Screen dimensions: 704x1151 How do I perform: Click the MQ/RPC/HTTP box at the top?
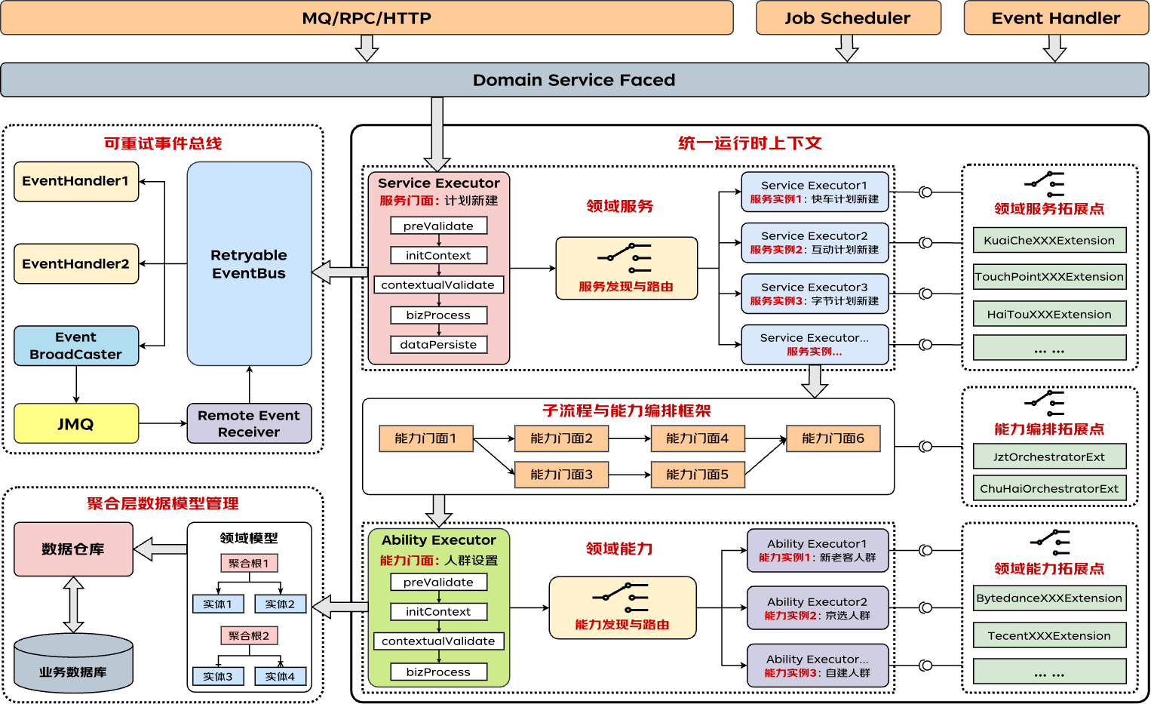click(x=367, y=18)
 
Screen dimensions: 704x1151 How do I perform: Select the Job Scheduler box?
click(x=848, y=18)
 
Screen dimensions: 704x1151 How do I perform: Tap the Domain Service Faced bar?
click(x=574, y=80)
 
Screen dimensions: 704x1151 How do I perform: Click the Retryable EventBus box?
click(x=249, y=264)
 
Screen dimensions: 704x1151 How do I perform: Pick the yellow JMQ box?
click(x=76, y=423)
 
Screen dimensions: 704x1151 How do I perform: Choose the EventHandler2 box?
click(x=76, y=263)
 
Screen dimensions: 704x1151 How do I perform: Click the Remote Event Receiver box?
click(x=249, y=423)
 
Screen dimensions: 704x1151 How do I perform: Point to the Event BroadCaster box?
click(x=76, y=346)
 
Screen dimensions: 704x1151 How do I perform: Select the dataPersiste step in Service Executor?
click(x=438, y=345)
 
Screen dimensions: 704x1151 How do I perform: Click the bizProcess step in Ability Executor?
click(x=438, y=672)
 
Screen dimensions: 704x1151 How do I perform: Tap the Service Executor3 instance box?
click(x=815, y=294)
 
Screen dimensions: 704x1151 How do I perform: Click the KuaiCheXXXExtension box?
click(x=1049, y=241)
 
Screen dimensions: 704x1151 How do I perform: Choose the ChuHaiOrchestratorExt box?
click(x=1049, y=488)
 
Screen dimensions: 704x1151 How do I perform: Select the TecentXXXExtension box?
click(x=1049, y=635)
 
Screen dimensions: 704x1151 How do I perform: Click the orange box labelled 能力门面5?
click(x=698, y=475)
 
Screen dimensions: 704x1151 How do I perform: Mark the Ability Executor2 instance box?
click(x=818, y=607)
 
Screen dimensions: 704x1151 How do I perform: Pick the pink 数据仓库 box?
click(x=73, y=549)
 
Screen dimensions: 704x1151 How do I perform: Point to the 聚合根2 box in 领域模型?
click(x=249, y=635)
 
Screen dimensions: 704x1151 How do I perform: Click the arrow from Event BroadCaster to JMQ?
click(x=76, y=385)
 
